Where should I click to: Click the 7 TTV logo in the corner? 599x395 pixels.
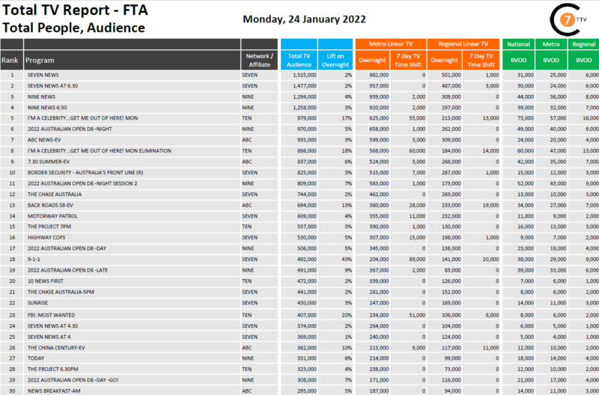pos(568,19)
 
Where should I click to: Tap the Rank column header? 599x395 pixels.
pos(10,59)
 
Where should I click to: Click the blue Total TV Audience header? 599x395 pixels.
pos(299,59)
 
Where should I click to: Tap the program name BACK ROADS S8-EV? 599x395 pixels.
pos(50,204)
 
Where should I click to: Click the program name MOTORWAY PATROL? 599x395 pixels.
pos(49,215)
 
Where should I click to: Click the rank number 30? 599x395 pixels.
pos(11,391)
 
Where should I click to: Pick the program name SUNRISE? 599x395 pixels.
pos(37,302)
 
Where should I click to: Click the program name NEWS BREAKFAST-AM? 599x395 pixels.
pos(53,391)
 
